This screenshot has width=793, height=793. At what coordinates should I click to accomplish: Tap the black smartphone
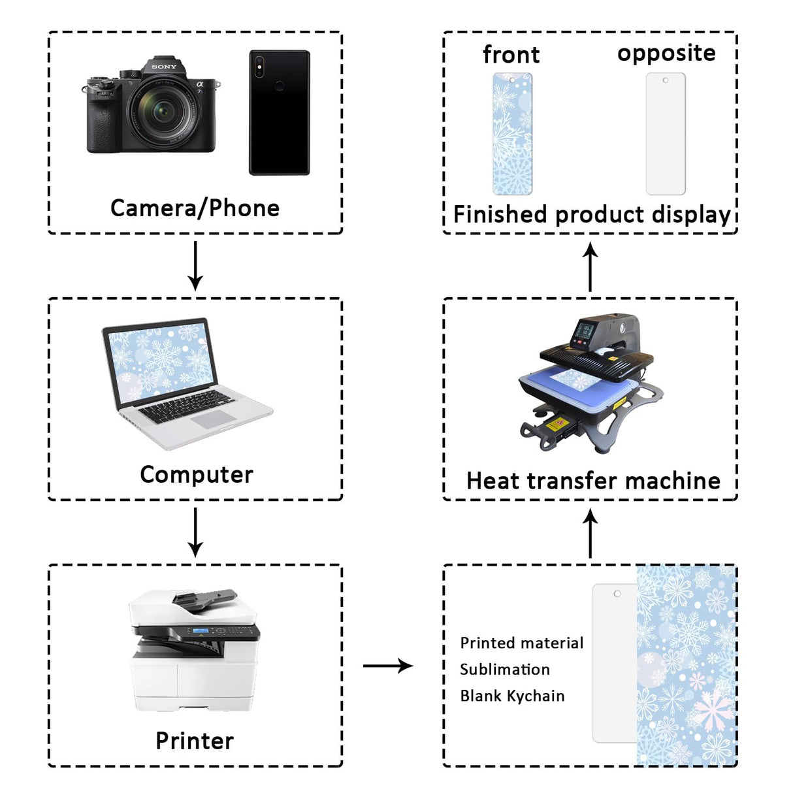(x=279, y=112)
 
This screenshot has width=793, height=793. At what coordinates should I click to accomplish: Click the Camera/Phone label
(x=195, y=208)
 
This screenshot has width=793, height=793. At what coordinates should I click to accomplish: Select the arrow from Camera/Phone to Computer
(x=195, y=266)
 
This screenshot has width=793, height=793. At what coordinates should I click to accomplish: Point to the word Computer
(x=196, y=475)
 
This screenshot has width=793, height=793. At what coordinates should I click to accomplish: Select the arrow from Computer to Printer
(x=195, y=532)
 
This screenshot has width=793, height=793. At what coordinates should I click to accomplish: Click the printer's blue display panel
(x=201, y=631)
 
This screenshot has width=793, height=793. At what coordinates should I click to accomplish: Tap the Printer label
(x=194, y=741)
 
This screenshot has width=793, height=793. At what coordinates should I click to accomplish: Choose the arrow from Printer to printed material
(x=388, y=666)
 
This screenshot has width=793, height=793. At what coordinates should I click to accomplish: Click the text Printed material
(x=521, y=643)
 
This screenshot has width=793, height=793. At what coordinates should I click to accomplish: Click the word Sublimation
(x=504, y=670)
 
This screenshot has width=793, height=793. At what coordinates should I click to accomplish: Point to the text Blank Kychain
(x=512, y=696)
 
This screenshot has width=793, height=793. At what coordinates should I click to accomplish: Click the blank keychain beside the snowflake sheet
(x=614, y=663)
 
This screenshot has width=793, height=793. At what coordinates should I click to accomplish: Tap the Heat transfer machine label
(x=593, y=481)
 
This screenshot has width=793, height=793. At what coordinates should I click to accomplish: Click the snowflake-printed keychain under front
(x=512, y=134)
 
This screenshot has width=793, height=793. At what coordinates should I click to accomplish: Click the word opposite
(x=666, y=54)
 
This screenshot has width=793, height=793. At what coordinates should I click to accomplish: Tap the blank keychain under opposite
(x=666, y=134)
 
